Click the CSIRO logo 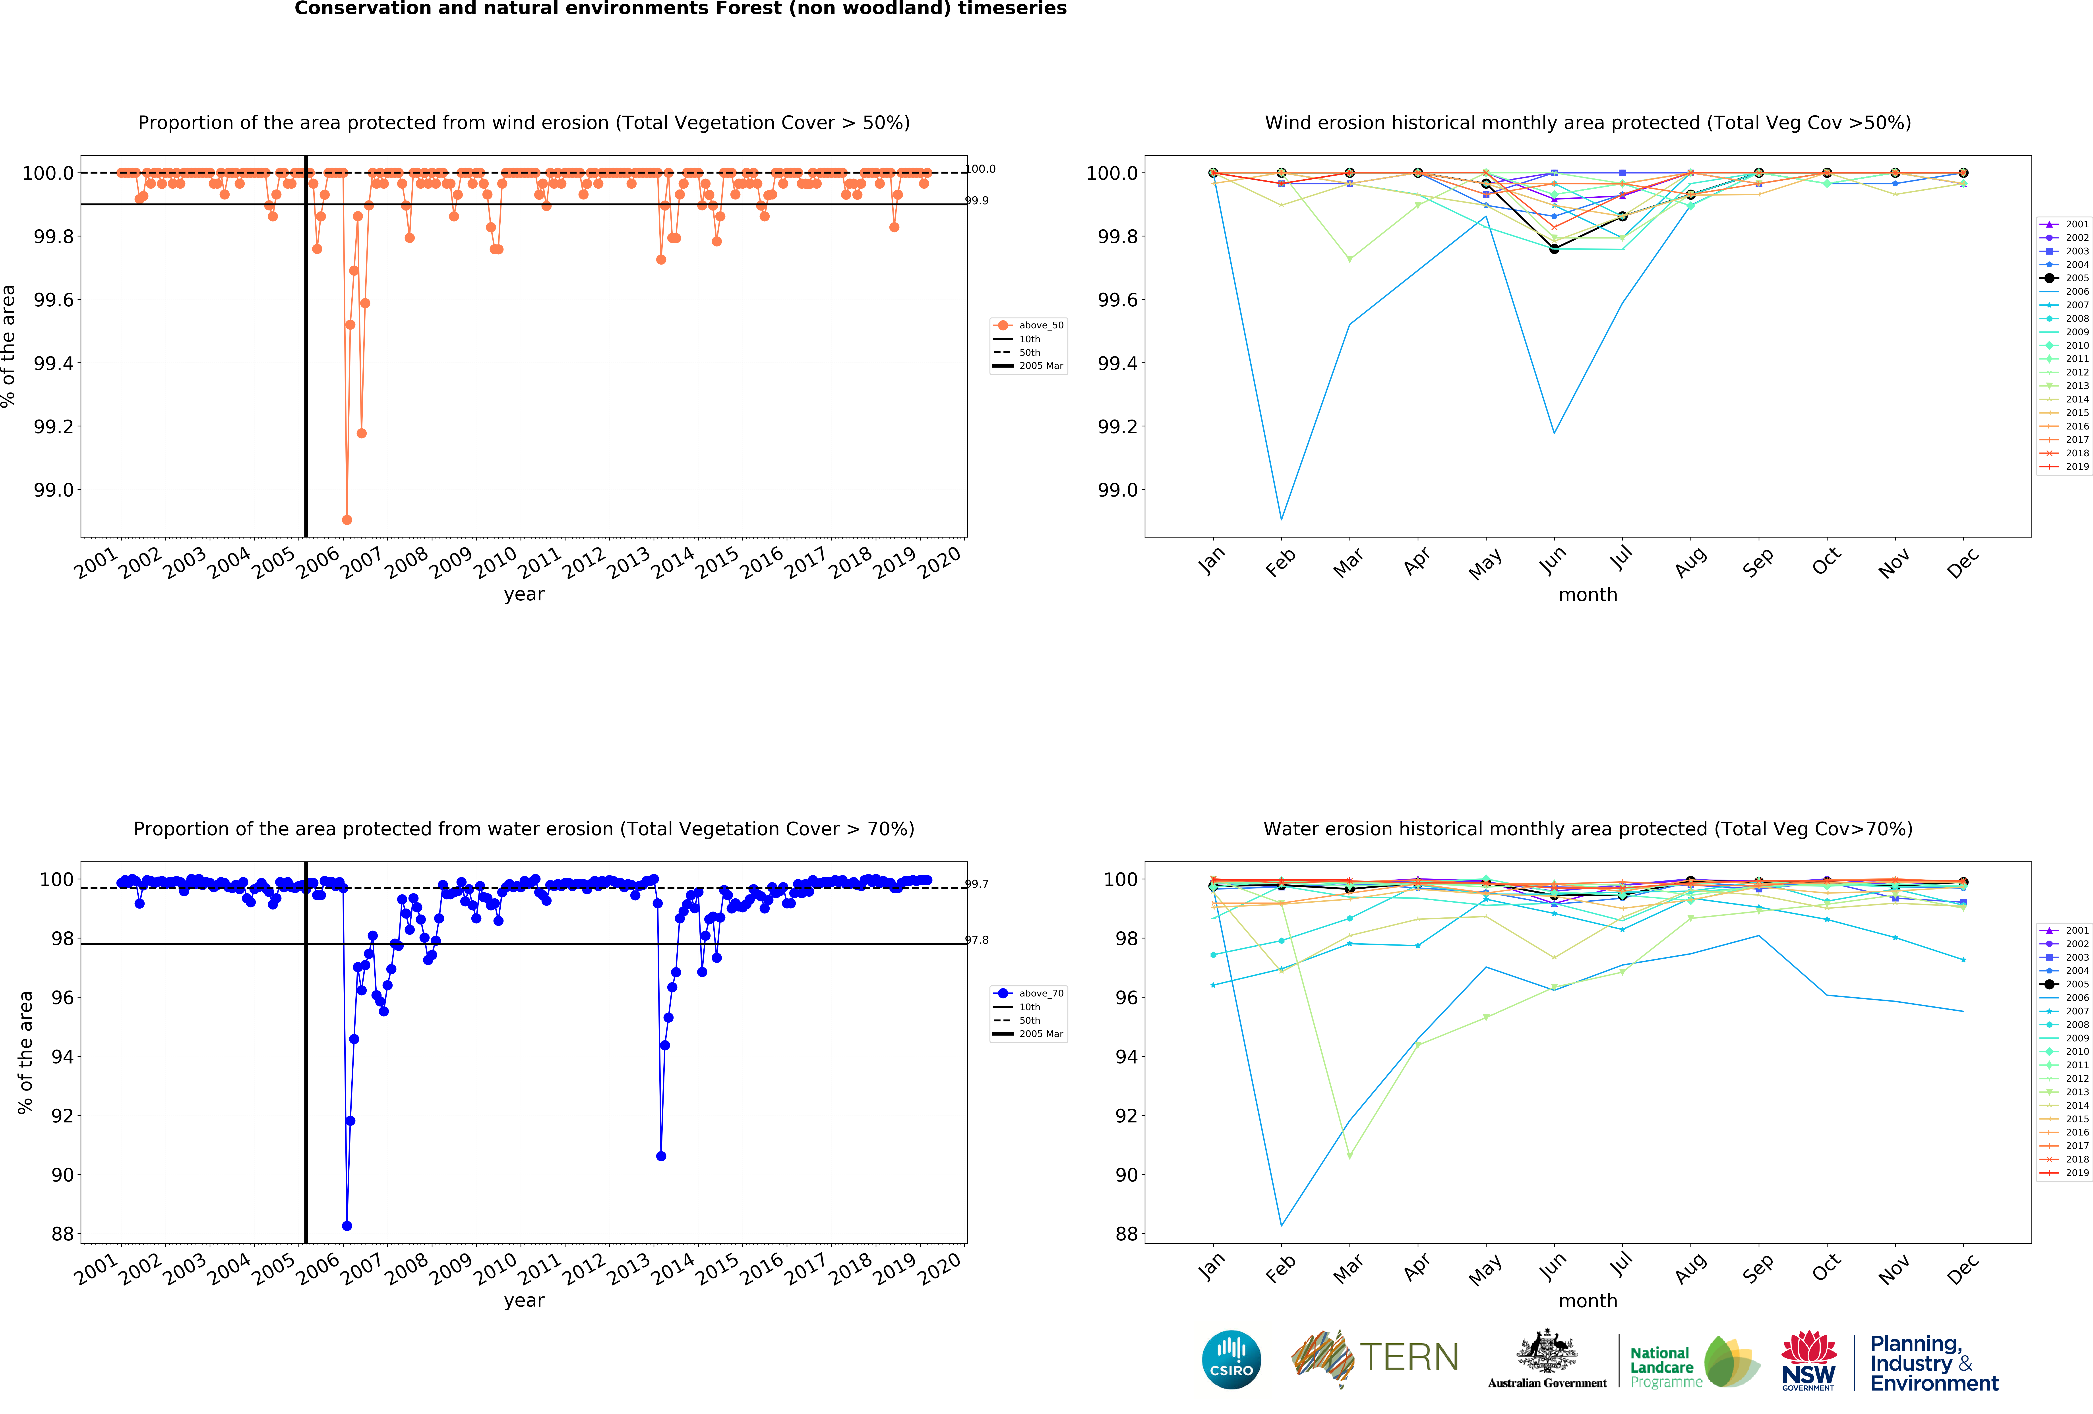point(1231,1359)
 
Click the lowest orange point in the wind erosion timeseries point(347,520)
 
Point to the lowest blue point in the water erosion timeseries point(347,1226)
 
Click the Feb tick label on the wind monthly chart point(1280,563)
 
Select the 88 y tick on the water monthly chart point(1127,1234)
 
